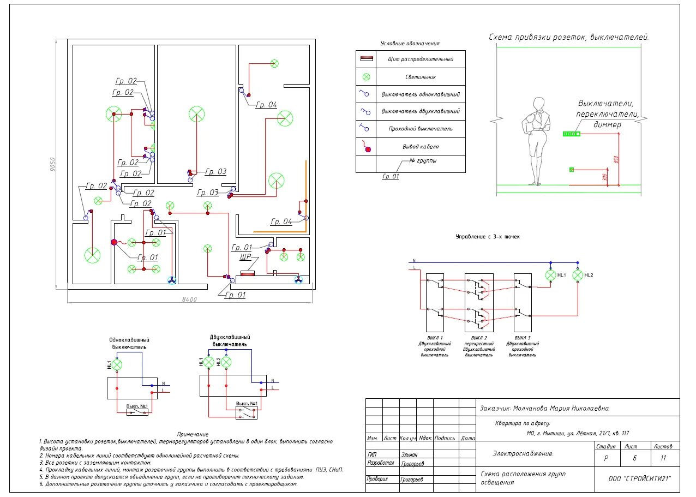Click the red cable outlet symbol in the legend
pyautogui.click(x=368, y=148)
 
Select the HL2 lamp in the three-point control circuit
pyautogui.click(x=578, y=276)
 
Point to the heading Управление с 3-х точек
pyautogui.click(x=488, y=237)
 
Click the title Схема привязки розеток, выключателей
pyautogui.click(x=568, y=37)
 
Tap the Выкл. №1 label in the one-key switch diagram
pyautogui.click(x=137, y=406)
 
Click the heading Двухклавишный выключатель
pyautogui.click(x=230, y=340)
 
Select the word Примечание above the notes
pyautogui.click(x=193, y=434)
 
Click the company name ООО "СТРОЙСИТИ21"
pyautogui.click(x=640, y=478)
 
